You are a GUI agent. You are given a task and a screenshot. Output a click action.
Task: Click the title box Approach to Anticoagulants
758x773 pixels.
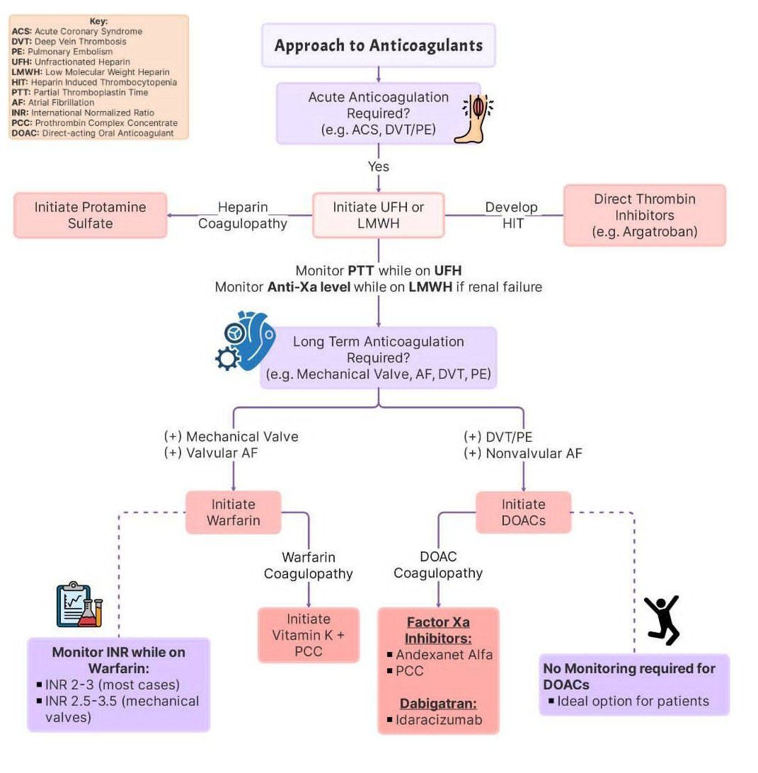click(x=379, y=46)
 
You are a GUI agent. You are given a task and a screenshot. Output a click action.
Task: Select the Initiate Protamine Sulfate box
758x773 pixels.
click(x=91, y=215)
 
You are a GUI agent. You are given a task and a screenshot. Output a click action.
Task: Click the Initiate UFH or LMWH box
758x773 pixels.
click(x=379, y=215)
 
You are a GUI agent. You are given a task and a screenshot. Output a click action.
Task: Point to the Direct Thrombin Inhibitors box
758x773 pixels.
click(x=644, y=215)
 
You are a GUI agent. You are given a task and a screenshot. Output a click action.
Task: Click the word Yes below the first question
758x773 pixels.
click(x=379, y=167)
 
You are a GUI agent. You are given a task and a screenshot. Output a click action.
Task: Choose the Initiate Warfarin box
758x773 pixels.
click(x=234, y=513)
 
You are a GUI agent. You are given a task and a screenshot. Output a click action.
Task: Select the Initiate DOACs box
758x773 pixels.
click(x=523, y=513)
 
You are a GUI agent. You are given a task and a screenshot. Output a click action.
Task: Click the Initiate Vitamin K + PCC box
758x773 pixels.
click(x=308, y=635)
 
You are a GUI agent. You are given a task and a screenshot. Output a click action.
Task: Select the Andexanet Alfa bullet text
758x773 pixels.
click(x=444, y=655)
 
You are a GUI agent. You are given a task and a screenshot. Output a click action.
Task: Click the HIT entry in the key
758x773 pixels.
click(x=93, y=82)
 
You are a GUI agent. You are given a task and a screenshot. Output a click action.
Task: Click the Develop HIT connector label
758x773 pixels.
click(x=511, y=215)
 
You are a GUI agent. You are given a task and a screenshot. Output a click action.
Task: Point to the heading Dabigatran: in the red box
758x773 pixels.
click(x=439, y=704)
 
